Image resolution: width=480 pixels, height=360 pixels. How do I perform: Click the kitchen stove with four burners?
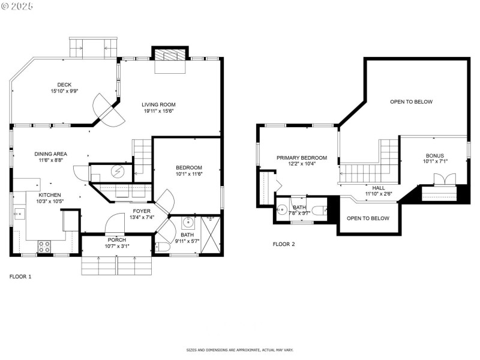[x=44, y=245]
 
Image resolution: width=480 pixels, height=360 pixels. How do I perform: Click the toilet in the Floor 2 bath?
[x=322, y=209]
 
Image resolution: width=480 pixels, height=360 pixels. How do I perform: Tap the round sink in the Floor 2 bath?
[x=282, y=210]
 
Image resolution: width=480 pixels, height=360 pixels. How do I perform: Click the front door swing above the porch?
[x=114, y=226]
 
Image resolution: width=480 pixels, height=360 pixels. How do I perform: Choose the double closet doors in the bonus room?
[x=445, y=179]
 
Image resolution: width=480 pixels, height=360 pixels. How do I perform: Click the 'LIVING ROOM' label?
[x=159, y=104]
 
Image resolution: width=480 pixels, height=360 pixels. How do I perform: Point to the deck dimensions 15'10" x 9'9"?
[x=64, y=91]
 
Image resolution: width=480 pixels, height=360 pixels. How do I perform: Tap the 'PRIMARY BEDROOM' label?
[x=302, y=158]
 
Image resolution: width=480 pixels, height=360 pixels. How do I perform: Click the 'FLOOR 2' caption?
[x=284, y=244]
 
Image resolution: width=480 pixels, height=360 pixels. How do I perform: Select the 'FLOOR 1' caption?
[x=20, y=277]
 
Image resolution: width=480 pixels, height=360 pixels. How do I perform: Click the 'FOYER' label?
[x=142, y=211]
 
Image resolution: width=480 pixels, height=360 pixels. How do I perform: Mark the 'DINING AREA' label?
[x=50, y=154]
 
